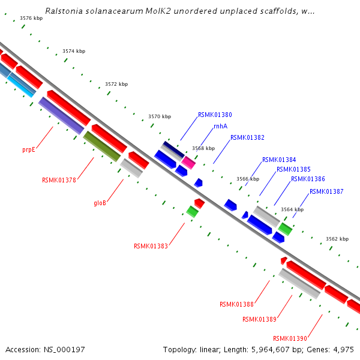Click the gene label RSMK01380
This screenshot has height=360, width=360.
(x=215, y=115)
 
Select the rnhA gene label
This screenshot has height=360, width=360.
(x=220, y=127)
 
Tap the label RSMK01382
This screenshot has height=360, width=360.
(x=247, y=137)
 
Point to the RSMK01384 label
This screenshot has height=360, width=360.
(x=279, y=160)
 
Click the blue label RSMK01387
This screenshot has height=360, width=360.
(x=326, y=192)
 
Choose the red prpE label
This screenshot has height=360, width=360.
(x=28, y=149)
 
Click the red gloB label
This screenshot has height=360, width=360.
(x=100, y=203)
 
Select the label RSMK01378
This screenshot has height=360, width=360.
(x=59, y=180)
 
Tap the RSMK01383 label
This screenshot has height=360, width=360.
(x=151, y=246)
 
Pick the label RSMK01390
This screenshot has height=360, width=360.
(x=290, y=338)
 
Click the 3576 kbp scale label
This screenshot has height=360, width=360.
(x=31, y=19)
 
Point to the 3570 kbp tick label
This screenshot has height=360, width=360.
(x=160, y=116)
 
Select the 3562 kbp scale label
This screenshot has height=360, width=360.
(x=337, y=239)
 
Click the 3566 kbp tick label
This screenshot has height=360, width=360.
(x=248, y=179)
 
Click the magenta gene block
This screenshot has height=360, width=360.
(x=189, y=162)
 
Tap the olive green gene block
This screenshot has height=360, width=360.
(x=102, y=146)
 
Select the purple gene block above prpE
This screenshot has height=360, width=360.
(x=61, y=116)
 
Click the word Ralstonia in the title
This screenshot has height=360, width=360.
(x=64, y=11)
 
